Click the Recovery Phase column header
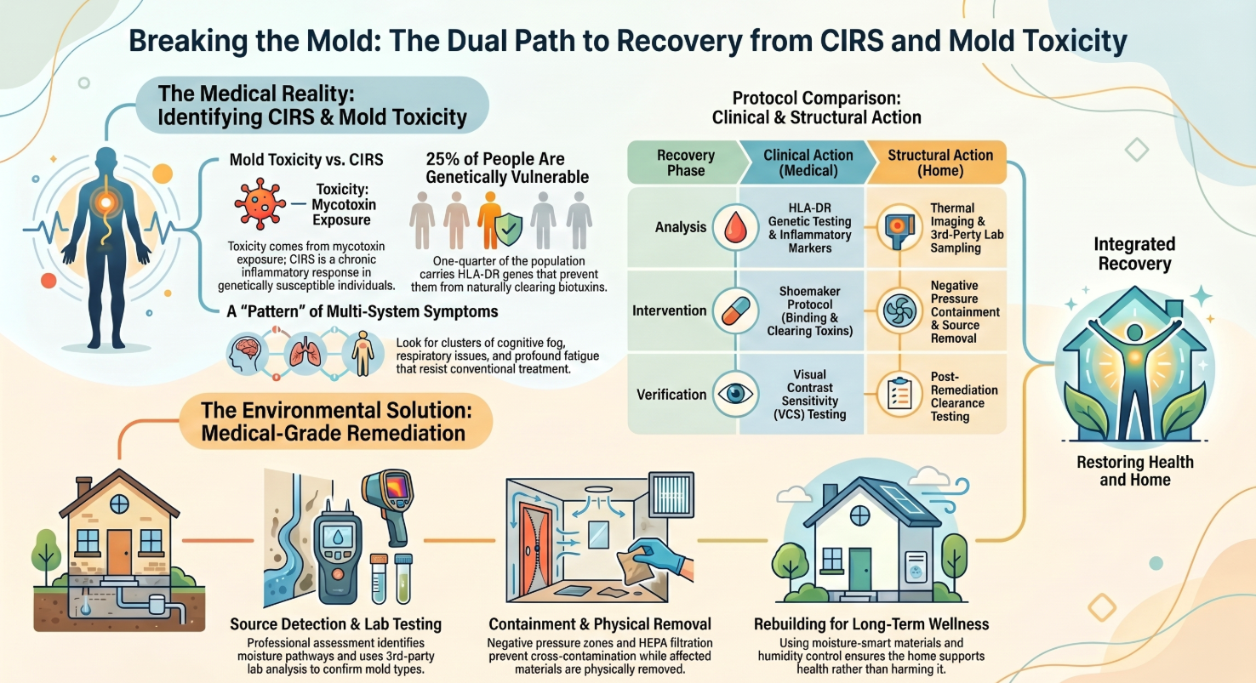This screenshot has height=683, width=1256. (x=685, y=162)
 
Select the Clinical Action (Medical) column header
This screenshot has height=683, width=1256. (x=808, y=162)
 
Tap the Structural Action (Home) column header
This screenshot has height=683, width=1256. (x=939, y=162)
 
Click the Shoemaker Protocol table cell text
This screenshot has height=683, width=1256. (x=808, y=310)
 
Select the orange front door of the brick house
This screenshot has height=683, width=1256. (x=119, y=551)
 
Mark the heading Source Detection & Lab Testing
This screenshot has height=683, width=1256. (x=335, y=624)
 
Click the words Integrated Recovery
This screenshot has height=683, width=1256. (x=1134, y=254)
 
